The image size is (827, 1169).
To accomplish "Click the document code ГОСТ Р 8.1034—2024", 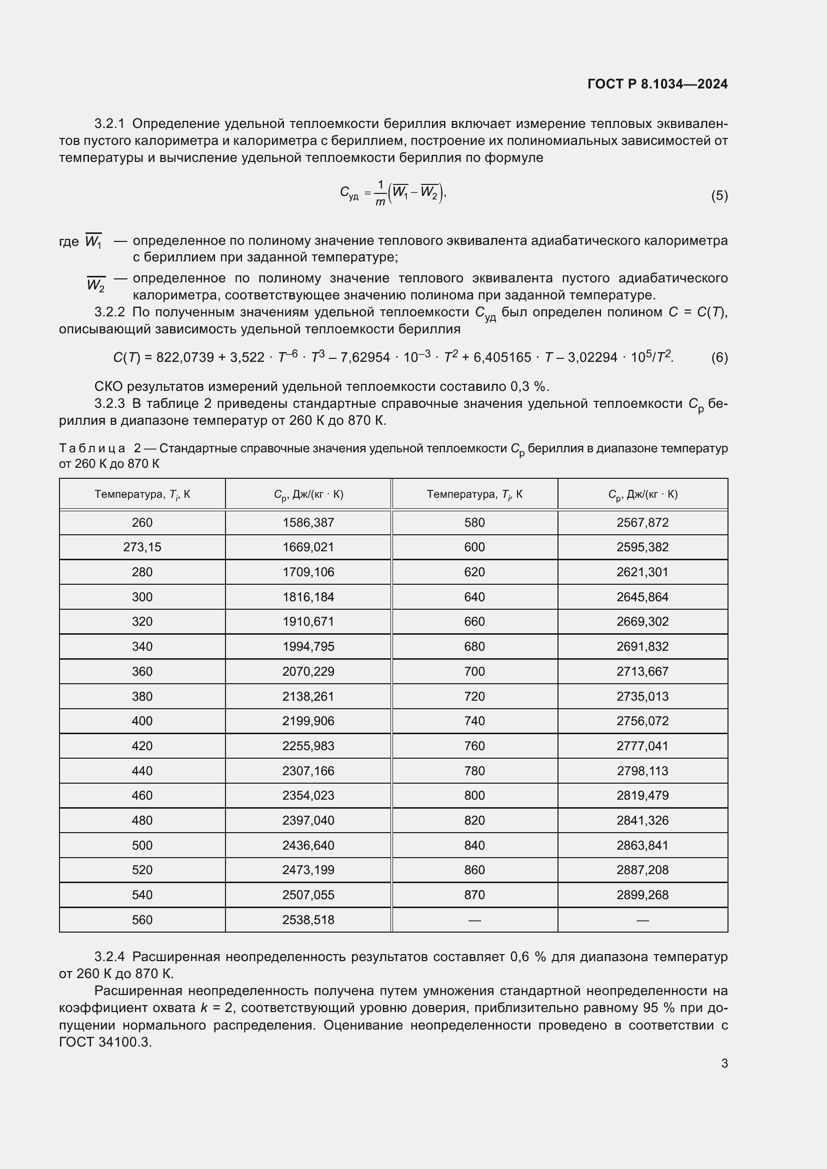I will point(657,84).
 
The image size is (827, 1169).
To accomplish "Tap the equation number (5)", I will point(719,195).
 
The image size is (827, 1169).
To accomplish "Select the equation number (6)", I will point(719,357).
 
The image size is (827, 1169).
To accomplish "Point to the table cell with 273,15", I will point(142,547).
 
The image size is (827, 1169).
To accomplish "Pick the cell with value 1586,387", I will point(308,522).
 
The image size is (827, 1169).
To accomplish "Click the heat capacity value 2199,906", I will point(308,721).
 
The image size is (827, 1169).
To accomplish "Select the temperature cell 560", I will point(142,920).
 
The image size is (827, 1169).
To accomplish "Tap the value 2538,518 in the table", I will point(308,920).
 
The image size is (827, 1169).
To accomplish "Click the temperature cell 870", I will point(474,895).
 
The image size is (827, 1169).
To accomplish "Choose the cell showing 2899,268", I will point(642,895).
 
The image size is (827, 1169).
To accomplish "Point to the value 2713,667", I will point(642,672).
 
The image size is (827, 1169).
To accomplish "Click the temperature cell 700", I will point(474,672).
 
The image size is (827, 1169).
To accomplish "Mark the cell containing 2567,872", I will point(642,522).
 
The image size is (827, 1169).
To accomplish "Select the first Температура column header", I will point(142,494).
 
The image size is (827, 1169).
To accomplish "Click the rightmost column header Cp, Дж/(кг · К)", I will point(642,494).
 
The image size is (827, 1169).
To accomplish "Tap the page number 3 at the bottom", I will point(724,1064).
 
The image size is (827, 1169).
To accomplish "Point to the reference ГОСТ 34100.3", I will point(105,1042).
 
